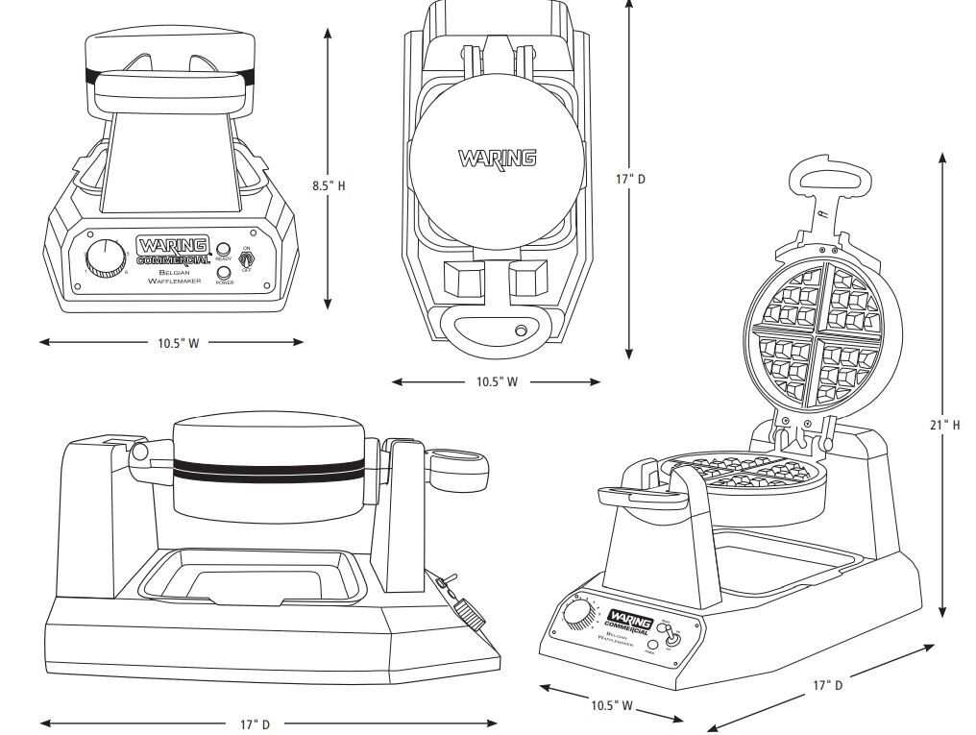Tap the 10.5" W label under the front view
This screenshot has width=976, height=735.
[179, 343]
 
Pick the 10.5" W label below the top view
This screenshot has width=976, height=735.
[497, 381]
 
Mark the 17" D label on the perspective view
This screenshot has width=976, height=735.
[827, 685]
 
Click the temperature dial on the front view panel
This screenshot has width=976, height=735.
[104, 257]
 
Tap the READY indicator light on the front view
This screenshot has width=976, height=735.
[223, 249]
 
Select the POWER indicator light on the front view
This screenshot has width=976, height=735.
[223, 272]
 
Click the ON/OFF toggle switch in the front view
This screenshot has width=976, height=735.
[247, 258]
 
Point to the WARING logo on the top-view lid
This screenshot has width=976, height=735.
[497, 158]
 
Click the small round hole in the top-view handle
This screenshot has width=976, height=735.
[522, 331]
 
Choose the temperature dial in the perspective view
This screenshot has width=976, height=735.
[579, 616]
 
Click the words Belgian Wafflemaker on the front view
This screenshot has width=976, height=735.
[174, 277]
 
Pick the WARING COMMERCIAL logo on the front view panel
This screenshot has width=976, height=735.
[173, 250]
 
